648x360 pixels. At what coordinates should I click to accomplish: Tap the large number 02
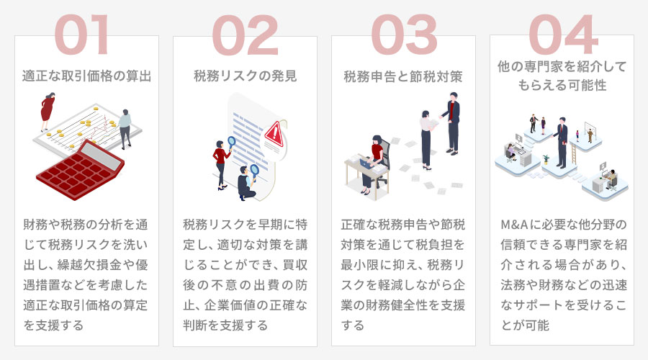pos(244,35)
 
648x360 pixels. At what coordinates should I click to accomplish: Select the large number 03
pos(403,35)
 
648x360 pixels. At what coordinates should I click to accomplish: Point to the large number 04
pos(562,35)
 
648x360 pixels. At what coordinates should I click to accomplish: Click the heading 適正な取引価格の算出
pos(86,75)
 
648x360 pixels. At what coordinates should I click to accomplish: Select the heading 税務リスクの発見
pos(245,75)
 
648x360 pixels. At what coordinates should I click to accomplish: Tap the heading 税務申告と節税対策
pos(403,75)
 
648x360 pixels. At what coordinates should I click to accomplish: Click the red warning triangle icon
pos(274,133)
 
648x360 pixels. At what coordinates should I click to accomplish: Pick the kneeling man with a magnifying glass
pos(248,184)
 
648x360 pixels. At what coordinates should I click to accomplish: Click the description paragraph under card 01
pos(86,274)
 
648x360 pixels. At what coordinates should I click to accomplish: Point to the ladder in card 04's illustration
pos(575,153)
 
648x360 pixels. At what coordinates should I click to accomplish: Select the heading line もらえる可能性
pos(562,85)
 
